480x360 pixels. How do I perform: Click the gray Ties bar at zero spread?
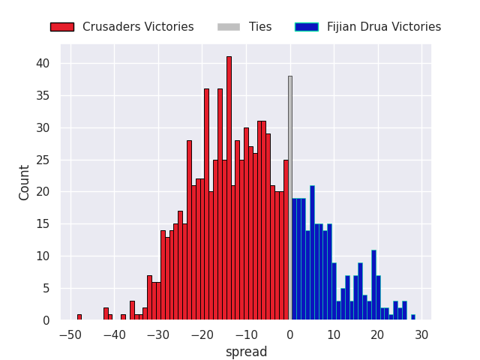[290, 198]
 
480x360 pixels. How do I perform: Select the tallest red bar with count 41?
[229, 188]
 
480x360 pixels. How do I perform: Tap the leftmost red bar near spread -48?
[79, 317]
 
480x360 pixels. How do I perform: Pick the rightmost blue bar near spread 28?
[412, 317]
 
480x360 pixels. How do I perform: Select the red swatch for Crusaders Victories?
[61, 27]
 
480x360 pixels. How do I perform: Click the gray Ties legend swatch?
[229, 27]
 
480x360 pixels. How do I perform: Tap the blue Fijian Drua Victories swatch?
[307, 27]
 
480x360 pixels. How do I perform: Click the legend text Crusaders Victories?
[138, 27]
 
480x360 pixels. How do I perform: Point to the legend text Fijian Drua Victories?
[384, 27]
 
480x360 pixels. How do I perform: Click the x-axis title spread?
[247, 352]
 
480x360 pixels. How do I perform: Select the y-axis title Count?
[25, 182]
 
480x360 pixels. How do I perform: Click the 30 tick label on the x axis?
[421, 334]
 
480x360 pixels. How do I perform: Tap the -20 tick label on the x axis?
[202, 334]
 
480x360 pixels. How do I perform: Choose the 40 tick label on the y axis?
[44, 64]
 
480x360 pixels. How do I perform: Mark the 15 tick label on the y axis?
[44, 224]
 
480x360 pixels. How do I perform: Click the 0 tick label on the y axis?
[47, 320]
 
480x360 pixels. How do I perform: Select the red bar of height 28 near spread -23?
[189, 230]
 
